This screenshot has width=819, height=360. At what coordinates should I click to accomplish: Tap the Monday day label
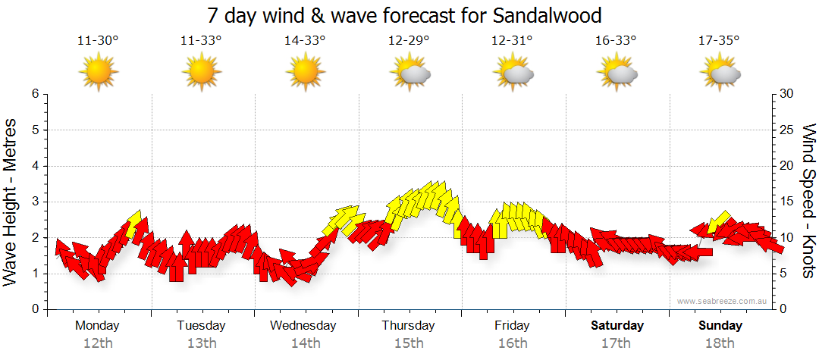pyautogui.click(x=97, y=326)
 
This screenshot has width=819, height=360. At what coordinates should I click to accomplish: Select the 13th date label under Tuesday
pyautogui.click(x=201, y=343)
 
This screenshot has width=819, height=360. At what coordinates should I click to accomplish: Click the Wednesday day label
pyautogui.click(x=303, y=326)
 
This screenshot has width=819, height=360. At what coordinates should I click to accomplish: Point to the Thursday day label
pyautogui.click(x=408, y=326)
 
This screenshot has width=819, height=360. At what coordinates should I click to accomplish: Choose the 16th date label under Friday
pyautogui.click(x=513, y=343)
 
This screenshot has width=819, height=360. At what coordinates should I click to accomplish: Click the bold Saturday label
pyautogui.click(x=617, y=326)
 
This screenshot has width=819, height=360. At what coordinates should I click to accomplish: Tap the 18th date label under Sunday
pyautogui.click(x=720, y=343)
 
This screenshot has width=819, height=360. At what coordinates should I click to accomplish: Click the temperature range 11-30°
pyautogui.click(x=98, y=41)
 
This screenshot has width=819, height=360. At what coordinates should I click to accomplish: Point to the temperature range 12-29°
pyautogui.click(x=409, y=41)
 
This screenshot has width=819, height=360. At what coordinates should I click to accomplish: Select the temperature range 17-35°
pyautogui.click(x=720, y=41)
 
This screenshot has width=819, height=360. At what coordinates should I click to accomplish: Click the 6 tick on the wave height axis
pyautogui.click(x=35, y=94)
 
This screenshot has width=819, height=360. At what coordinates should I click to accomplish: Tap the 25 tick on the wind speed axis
pyautogui.click(x=787, y=130)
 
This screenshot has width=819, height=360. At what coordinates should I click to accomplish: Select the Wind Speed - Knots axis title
pyautogui.click(x=808, y=201)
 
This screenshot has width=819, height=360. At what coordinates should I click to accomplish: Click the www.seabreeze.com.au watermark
pyautogui.click(x=723, y=302)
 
